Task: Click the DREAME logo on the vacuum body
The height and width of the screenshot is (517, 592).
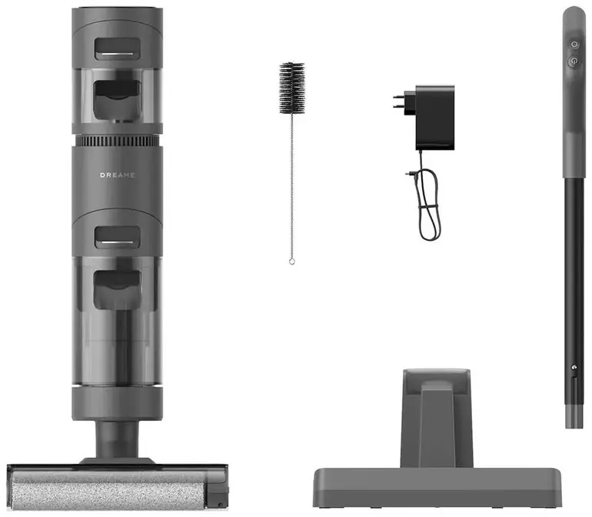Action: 117,175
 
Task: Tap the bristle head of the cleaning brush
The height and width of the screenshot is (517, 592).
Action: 292,88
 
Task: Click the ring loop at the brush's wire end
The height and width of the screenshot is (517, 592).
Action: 291,261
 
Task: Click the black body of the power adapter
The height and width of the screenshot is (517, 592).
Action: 435,118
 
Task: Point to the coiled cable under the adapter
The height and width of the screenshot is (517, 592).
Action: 427,204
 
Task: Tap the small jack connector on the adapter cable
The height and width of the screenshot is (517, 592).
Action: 411,174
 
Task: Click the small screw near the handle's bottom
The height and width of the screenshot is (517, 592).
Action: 574,367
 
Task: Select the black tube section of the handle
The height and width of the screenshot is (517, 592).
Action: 574,291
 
